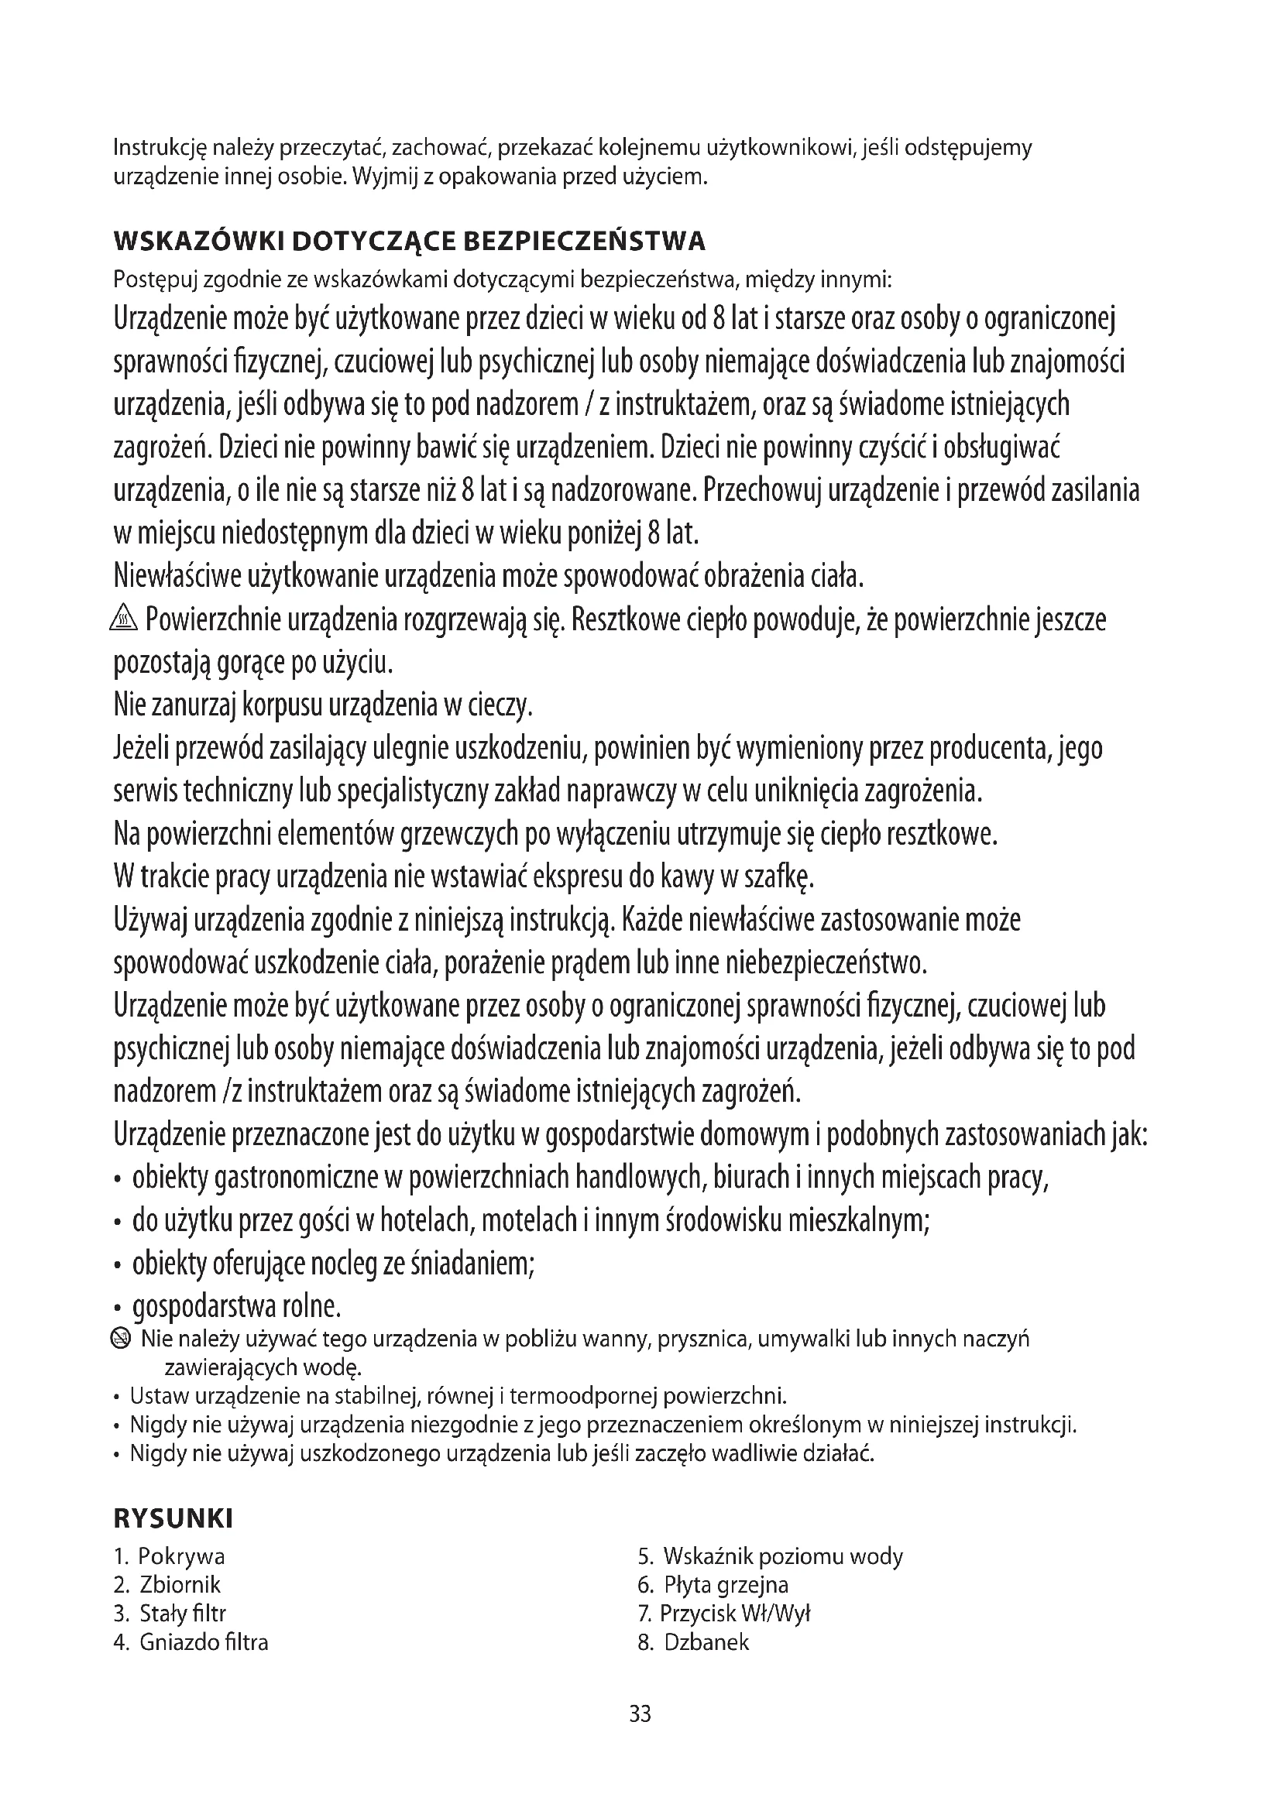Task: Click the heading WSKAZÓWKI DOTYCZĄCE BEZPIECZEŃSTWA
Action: [x=410, y=241]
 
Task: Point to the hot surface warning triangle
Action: [x=125, y=621]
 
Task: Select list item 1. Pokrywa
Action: [x=170, y=1556]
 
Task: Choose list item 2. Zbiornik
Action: [x=167, y=1585]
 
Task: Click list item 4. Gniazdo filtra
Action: [x=191, y=1642]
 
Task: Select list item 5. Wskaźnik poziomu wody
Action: [x=770, y=1556]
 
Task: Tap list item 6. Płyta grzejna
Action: [x=713, y=1585]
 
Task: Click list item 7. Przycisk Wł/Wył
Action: [x=724, y=1613]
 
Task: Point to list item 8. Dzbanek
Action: [x=693, y=1642]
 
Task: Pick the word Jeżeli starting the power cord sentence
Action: [x=141, y=749]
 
